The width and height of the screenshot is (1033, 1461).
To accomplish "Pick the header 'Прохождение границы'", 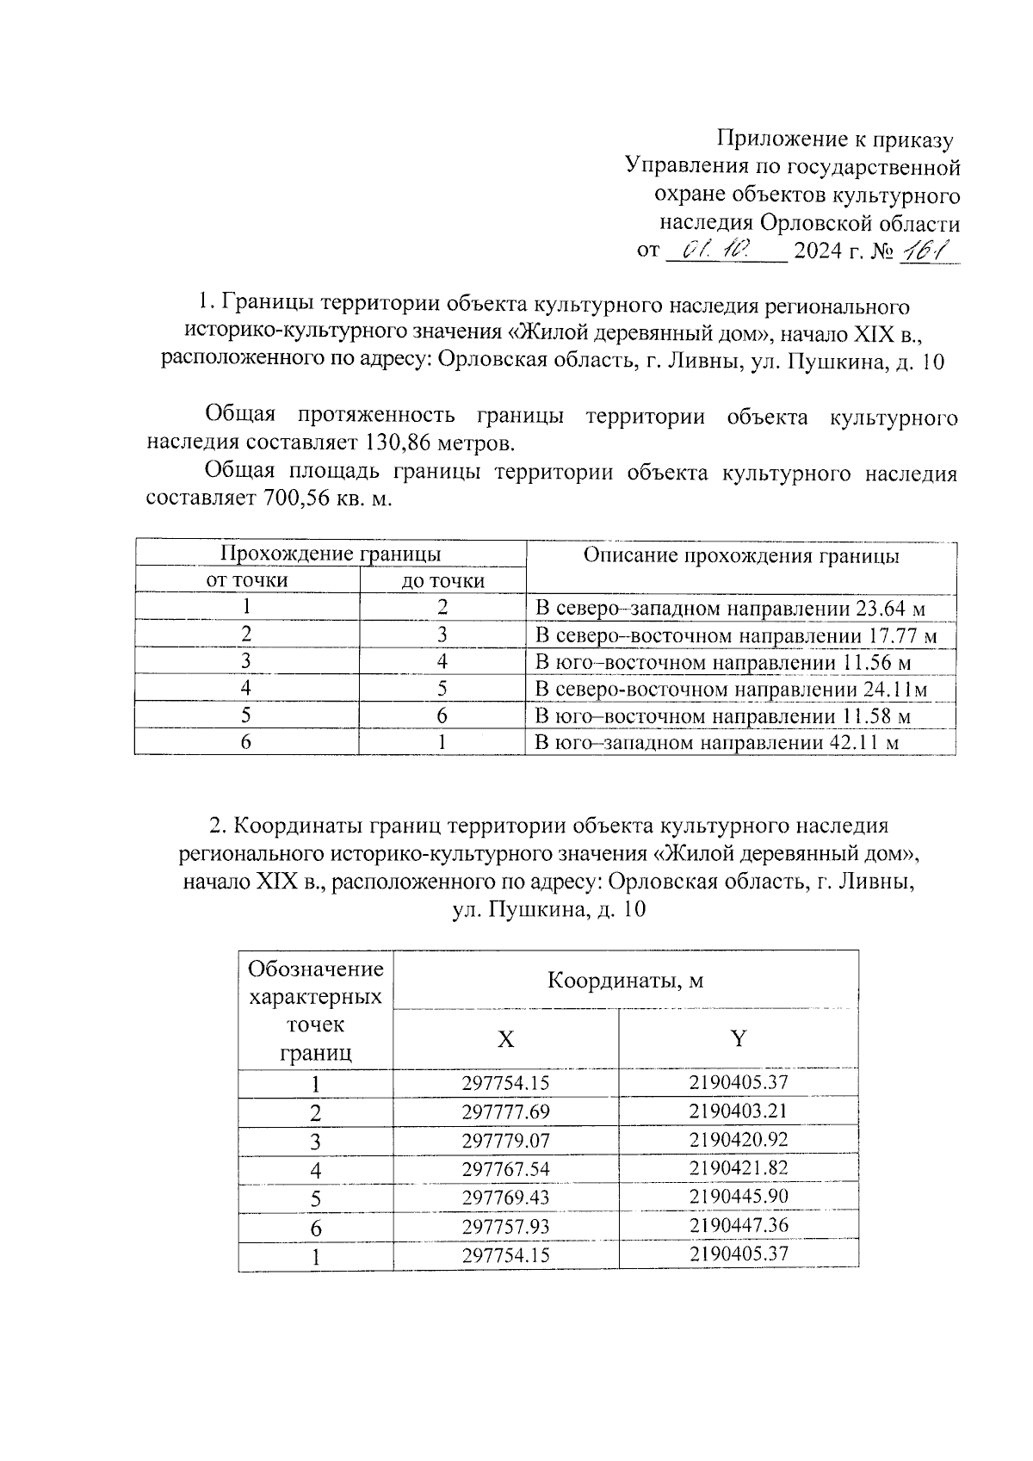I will click(x=331, y=553).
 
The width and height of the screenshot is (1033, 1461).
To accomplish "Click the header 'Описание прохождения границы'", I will click(x=741, y=556).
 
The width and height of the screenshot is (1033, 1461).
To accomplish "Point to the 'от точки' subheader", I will click(x=247, y=580).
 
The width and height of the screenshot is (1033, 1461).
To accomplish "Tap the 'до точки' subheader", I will click(x=442, y=581).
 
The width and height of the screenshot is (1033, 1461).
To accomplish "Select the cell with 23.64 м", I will click(x=730, y=610).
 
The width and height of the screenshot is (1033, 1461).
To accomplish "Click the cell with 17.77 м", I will click(x=735, y=636).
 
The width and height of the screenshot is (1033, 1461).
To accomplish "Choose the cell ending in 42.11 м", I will click(x=717, y=742).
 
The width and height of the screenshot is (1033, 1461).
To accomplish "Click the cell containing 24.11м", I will click(x=732, y=690).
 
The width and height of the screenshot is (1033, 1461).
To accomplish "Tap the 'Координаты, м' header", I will click(x=626, y=981).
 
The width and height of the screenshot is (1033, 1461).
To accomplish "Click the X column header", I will click(x=506, y=1039).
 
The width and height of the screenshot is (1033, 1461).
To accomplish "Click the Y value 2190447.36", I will click(x=739, y=1225).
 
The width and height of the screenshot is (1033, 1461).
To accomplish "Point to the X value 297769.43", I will click(x=505, y=1198).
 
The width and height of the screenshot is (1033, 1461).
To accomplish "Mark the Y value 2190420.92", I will click(x=739, y=1140).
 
